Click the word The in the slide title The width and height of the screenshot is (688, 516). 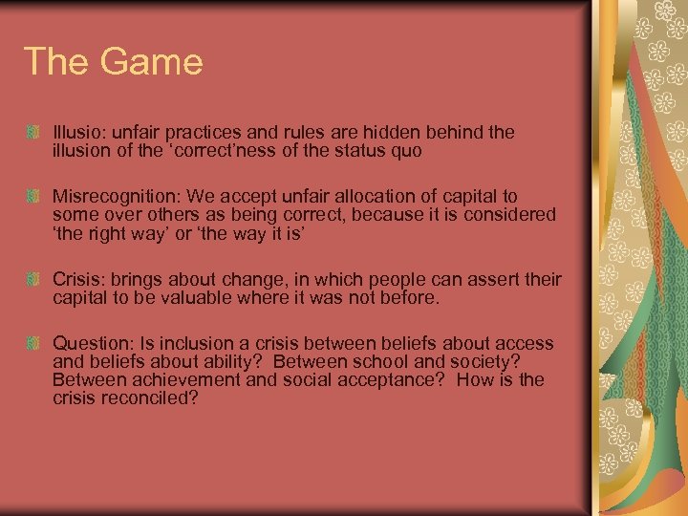point(56,62)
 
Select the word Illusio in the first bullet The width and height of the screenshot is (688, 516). point(76,132)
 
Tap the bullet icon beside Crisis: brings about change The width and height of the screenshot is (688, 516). point(33,279)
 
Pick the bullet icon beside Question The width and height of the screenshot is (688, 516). point(33,343)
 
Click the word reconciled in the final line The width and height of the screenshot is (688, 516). point(150,398)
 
